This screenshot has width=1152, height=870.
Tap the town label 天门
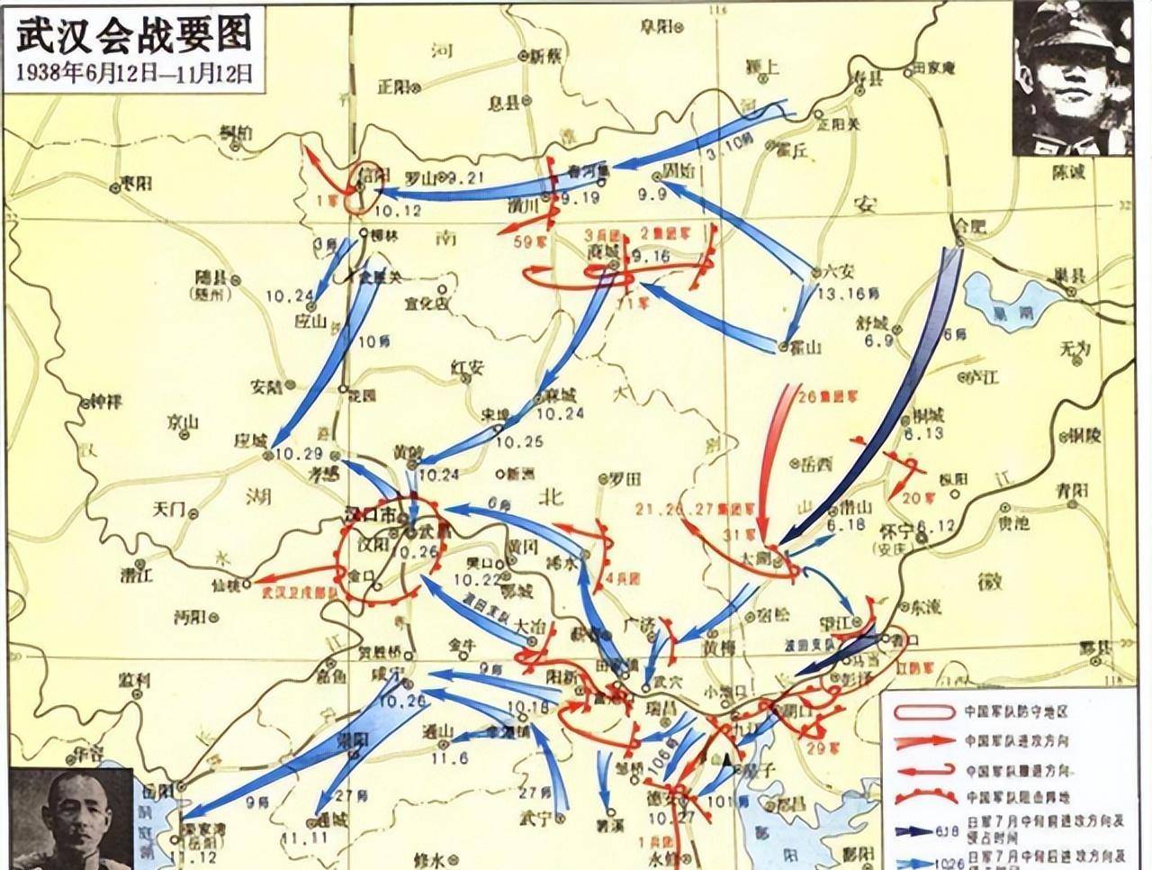169,510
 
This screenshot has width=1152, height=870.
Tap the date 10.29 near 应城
296,453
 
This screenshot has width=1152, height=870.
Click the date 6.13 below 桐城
927,433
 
